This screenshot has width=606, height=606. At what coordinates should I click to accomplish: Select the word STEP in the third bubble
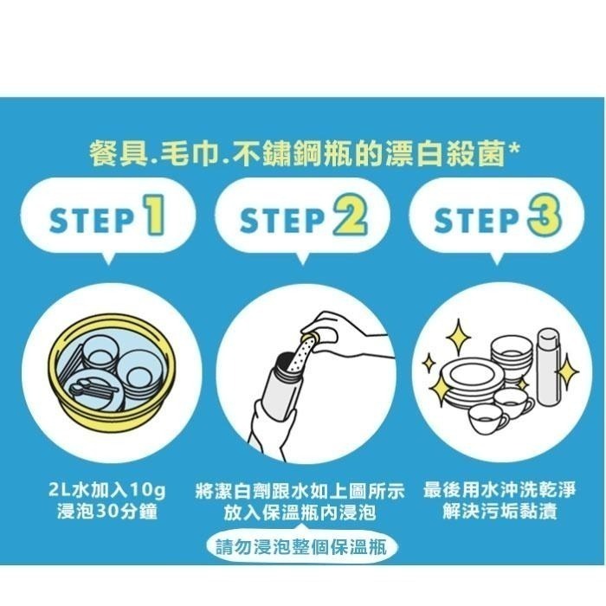[475, 221]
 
